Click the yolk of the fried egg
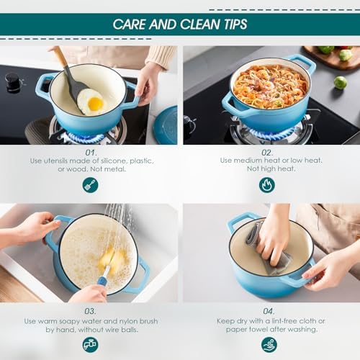coord(96,104)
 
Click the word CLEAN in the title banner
coord(200,24)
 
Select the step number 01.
coord(91,153)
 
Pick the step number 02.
coord(267,153)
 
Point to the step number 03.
coord(90,311)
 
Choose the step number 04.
coord(269,311)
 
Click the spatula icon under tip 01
coord(90,185)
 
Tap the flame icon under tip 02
coord(267,185)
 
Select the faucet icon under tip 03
coord(90,345)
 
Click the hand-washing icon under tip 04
coord(269,345)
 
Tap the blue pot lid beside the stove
coord(166,125)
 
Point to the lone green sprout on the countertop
coord(341,83)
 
